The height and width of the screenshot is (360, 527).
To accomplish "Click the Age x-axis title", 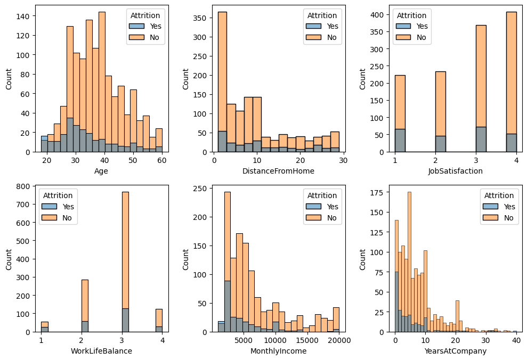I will [102, 171].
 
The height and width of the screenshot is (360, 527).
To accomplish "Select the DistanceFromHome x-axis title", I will [278, 171].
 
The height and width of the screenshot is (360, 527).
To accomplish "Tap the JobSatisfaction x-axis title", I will [455, 171].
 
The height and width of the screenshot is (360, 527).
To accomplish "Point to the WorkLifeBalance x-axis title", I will [102, 351].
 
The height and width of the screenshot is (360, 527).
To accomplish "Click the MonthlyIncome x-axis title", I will [278, 351].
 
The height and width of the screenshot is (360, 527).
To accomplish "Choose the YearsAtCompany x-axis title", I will [455, 351].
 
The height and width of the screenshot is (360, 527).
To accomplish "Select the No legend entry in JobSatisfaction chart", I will [420, 37].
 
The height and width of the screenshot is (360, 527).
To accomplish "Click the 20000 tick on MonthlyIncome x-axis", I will [339, 340].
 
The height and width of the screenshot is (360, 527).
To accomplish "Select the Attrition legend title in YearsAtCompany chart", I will [499, 195].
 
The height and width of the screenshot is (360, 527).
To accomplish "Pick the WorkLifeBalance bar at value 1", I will [44, 326].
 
